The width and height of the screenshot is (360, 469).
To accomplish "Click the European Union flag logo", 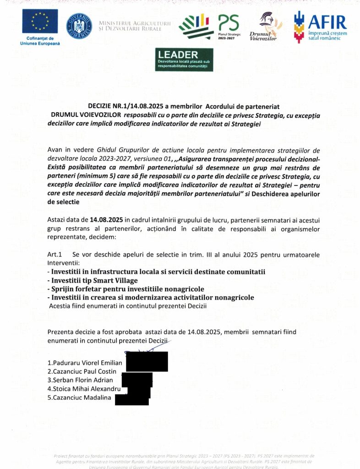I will click(x=40, y=21).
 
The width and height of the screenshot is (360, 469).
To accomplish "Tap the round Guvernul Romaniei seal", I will click(x=79, y=26).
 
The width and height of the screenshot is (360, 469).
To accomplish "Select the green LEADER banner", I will click(x=184, y=60).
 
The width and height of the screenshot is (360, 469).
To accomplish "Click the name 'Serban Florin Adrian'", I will click(x=80, y=380).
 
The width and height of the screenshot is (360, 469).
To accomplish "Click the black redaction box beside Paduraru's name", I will click(x=147, y=361).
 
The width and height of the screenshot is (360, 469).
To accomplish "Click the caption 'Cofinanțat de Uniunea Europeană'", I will click(x=40, y=41).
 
